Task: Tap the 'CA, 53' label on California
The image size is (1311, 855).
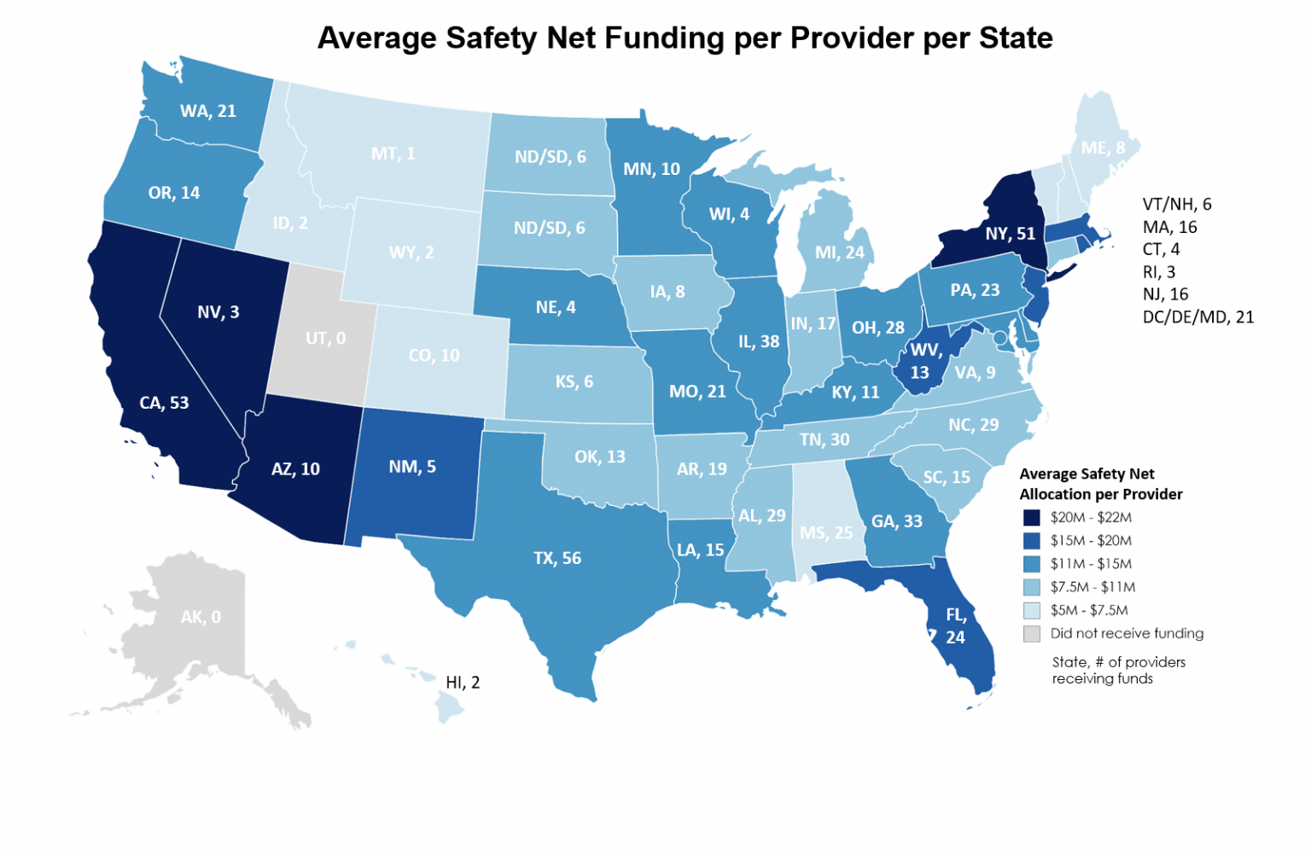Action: point(164,403)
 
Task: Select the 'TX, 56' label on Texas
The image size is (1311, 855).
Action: point(557,558)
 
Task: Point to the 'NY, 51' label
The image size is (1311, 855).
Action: point(1010,234)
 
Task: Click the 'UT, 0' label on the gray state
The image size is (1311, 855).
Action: point(325,339)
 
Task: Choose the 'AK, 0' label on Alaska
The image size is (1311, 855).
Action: point(201,617)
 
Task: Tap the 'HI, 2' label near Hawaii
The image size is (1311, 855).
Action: point(463,683)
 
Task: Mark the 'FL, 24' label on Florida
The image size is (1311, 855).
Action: point(955,625)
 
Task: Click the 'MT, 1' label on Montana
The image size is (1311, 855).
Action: point(393,154)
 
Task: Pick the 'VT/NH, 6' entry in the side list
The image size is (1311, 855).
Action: point(1177,204)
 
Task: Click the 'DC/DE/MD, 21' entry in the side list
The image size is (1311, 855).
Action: point(1198,317)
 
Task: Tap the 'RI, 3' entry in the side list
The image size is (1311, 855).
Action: point(1159,272)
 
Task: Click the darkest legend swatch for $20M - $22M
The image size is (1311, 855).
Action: point(1032,517)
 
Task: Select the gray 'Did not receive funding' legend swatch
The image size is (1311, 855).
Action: point(1032,634)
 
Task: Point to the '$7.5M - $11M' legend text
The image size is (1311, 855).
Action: point(1092,587)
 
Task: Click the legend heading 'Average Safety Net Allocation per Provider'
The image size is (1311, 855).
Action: point(1100,484)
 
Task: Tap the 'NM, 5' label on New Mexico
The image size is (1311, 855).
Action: point(412,467)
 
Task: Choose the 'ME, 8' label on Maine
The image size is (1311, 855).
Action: point(1103,148)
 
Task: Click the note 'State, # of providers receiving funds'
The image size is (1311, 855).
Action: point(1118,670)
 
